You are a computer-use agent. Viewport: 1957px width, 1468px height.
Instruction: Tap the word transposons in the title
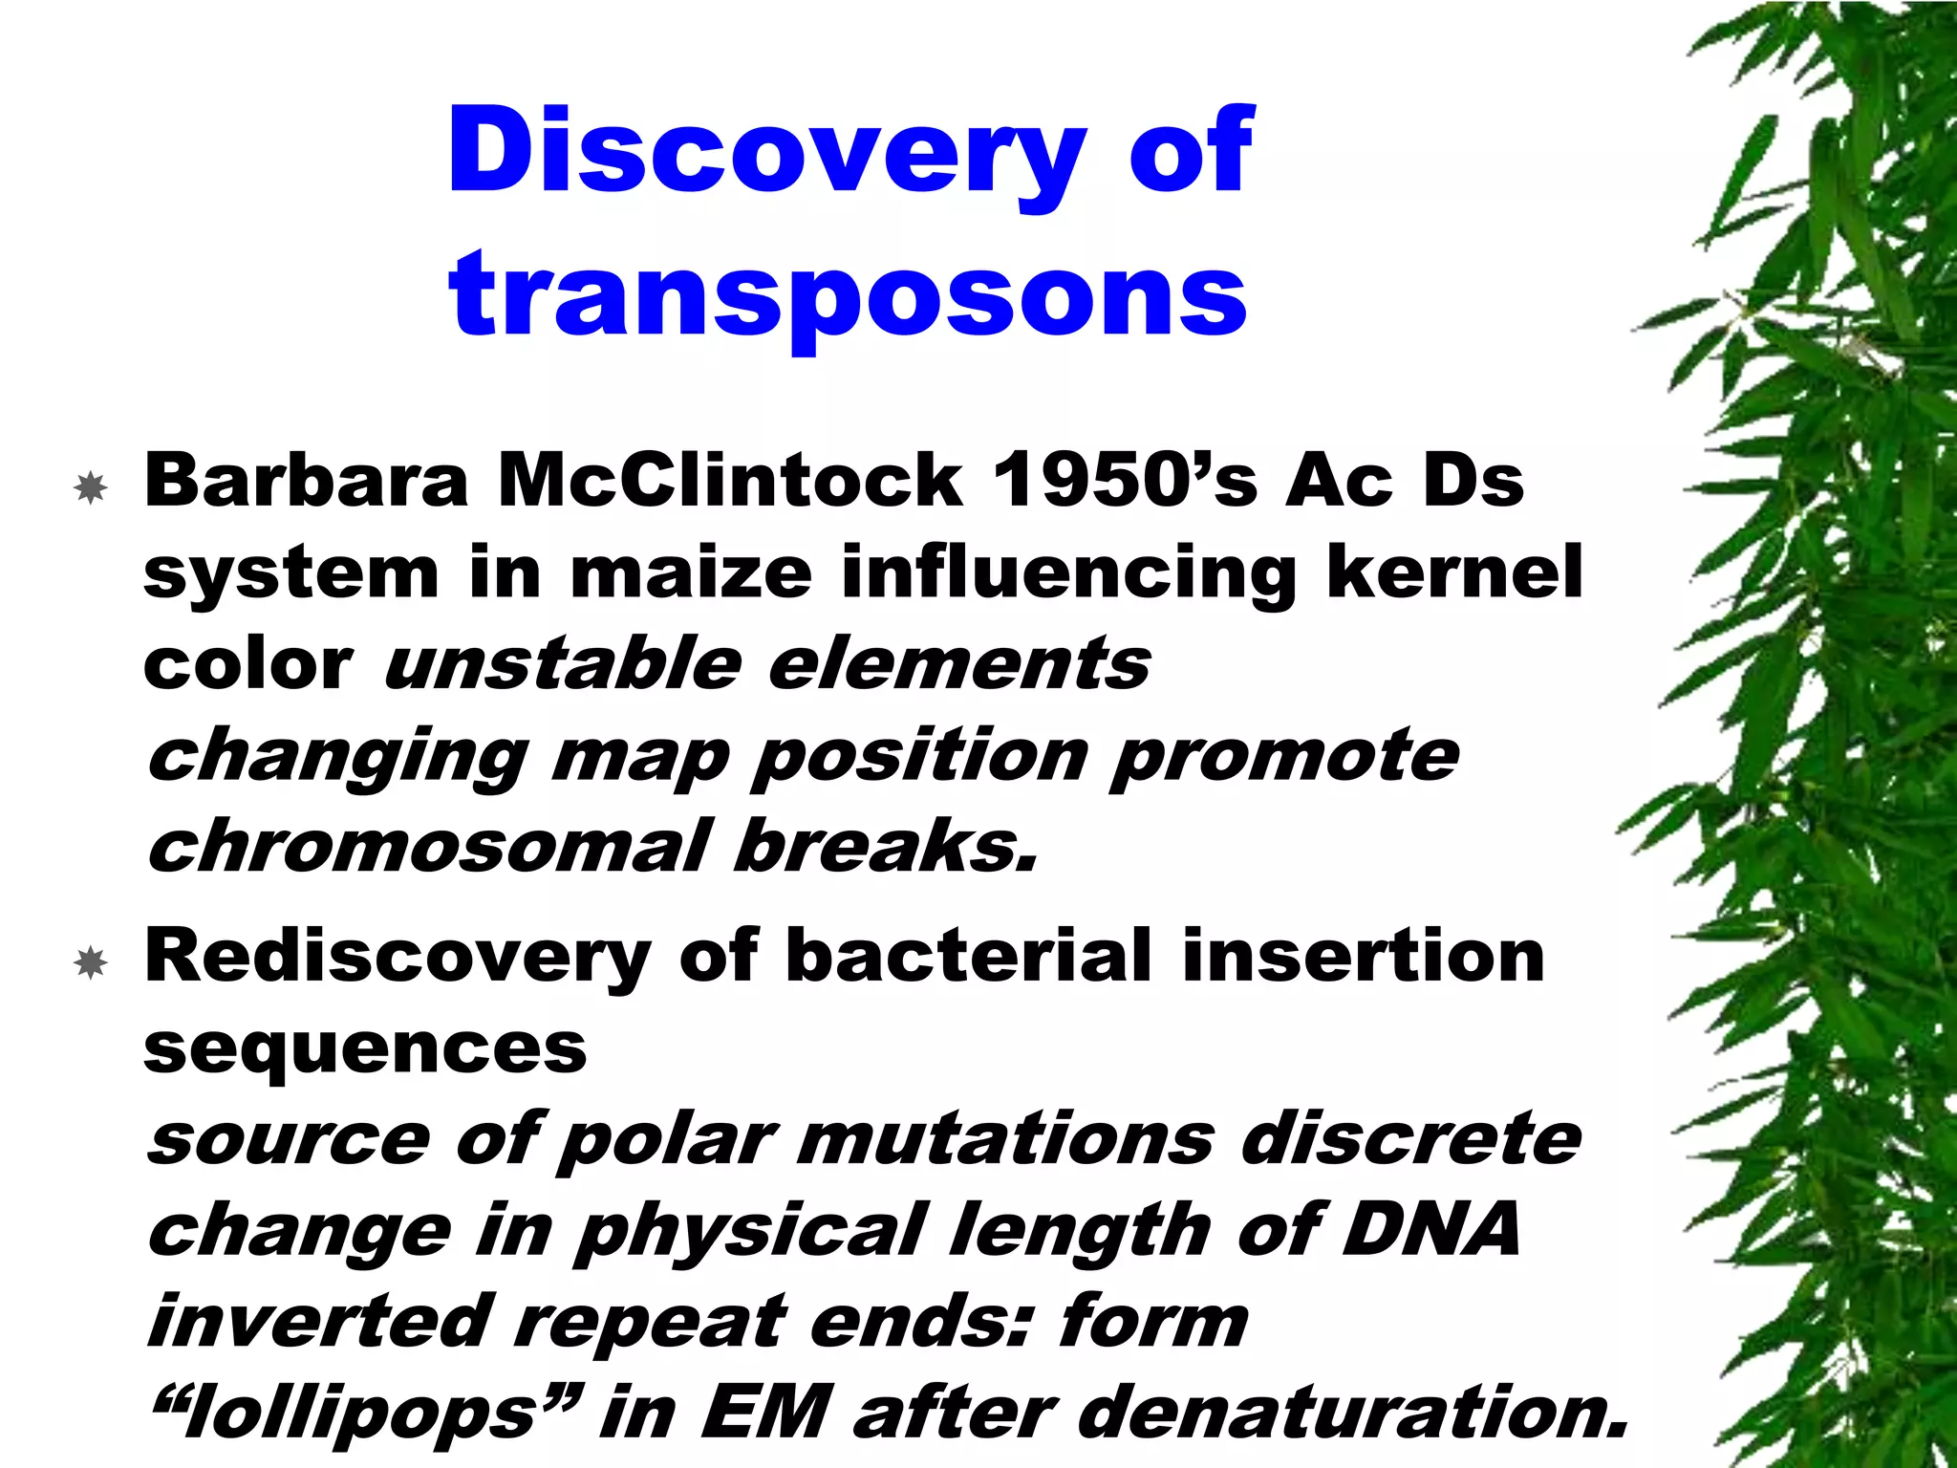848,294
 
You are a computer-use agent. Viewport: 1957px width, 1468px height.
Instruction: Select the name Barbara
306,481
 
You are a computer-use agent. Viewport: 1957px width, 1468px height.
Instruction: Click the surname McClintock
730,481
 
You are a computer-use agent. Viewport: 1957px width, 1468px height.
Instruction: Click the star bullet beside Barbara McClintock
91,488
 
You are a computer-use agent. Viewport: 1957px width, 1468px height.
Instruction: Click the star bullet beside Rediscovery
91,962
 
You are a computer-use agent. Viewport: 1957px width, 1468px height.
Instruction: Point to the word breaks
885,847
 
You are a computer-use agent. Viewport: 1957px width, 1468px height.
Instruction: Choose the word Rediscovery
398,958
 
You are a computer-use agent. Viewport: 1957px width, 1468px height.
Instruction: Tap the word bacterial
969,958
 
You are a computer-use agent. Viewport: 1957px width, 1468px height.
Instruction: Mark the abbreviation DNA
1430,1231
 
